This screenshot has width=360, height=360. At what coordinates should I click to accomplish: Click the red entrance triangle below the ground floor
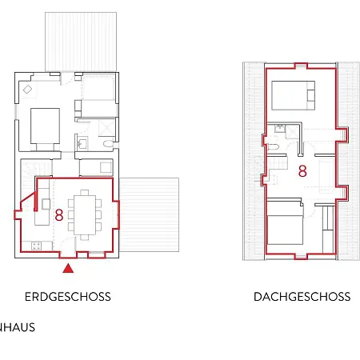(68, 269)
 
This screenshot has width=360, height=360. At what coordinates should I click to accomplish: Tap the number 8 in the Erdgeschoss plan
(59, 214)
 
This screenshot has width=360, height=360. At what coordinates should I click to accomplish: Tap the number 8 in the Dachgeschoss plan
(302, 170)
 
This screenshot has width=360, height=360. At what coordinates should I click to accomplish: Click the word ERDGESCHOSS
(67, 297)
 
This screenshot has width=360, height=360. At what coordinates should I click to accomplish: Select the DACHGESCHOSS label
(302, 297)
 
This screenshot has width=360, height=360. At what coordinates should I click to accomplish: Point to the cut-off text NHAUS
(18, 327)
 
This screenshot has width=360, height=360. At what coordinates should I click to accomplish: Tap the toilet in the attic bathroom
(274, 147)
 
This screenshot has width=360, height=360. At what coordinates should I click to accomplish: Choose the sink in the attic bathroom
(279, 129)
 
